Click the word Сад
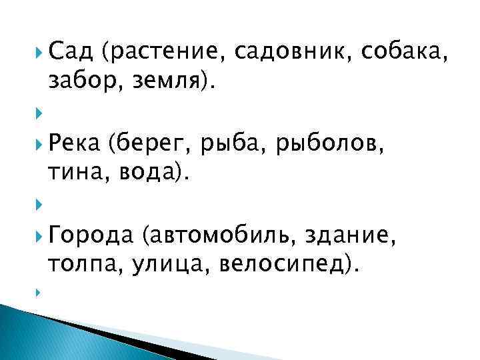[x=70, y=49]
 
